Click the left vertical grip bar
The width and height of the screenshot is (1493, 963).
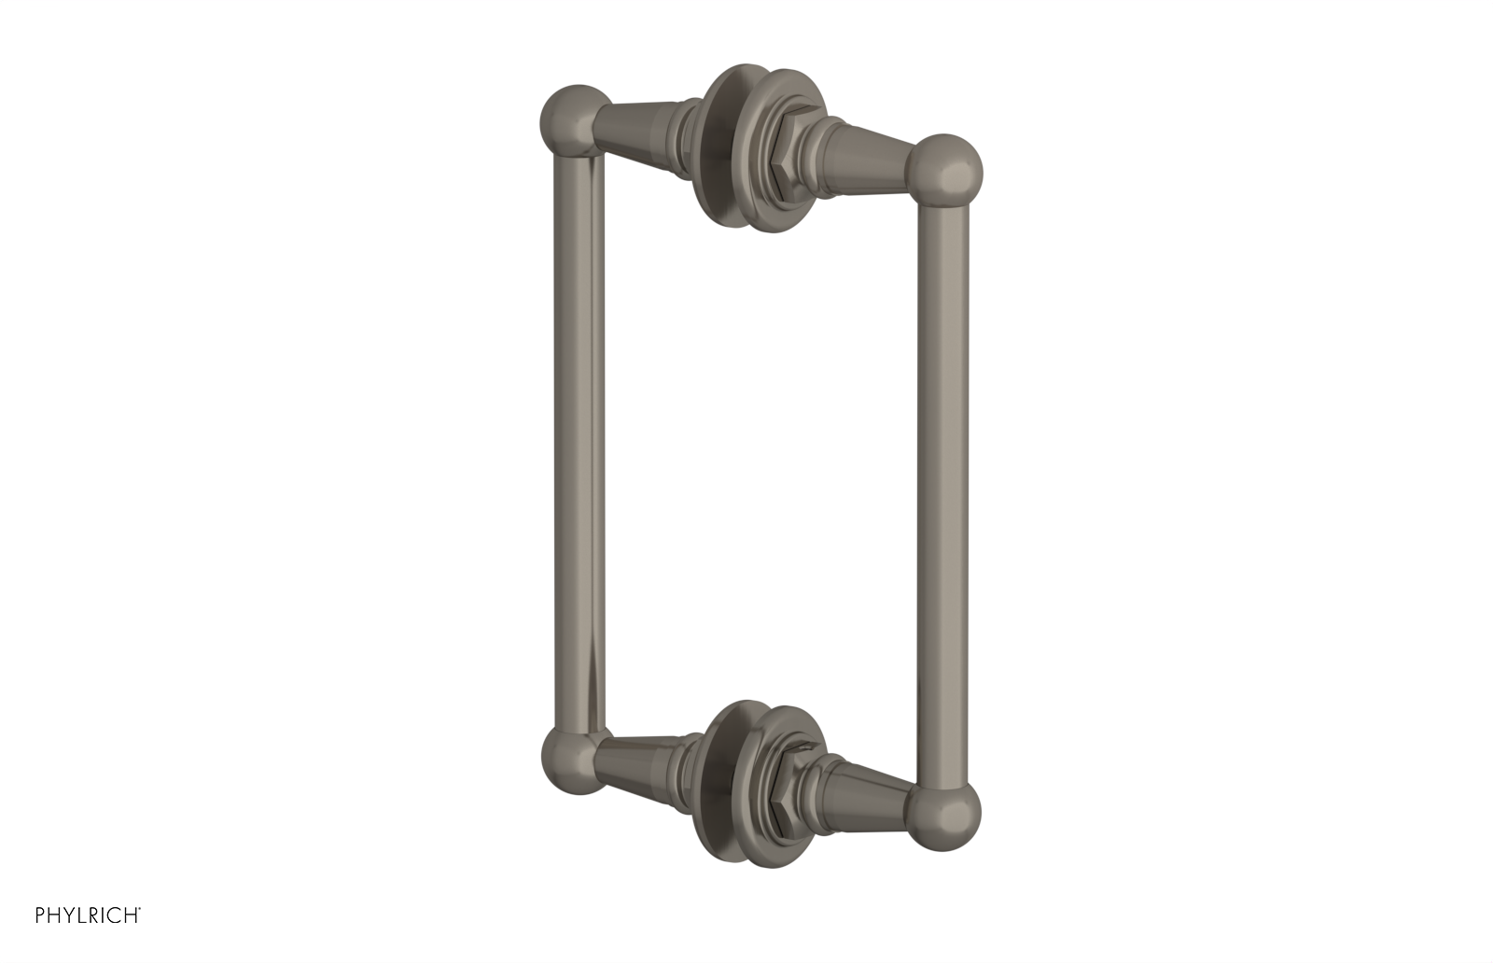(x=579, y=439)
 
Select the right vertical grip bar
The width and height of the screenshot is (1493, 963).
(x=943, y=495)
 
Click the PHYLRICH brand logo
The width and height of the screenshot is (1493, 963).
(x=88, y=914)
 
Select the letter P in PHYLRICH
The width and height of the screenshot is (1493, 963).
(x=41, y=914)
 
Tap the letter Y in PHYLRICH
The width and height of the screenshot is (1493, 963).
(x=67, y=914)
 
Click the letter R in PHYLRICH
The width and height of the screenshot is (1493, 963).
(x=93, y=914)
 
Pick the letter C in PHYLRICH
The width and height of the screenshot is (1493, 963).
(x=115, y=914)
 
